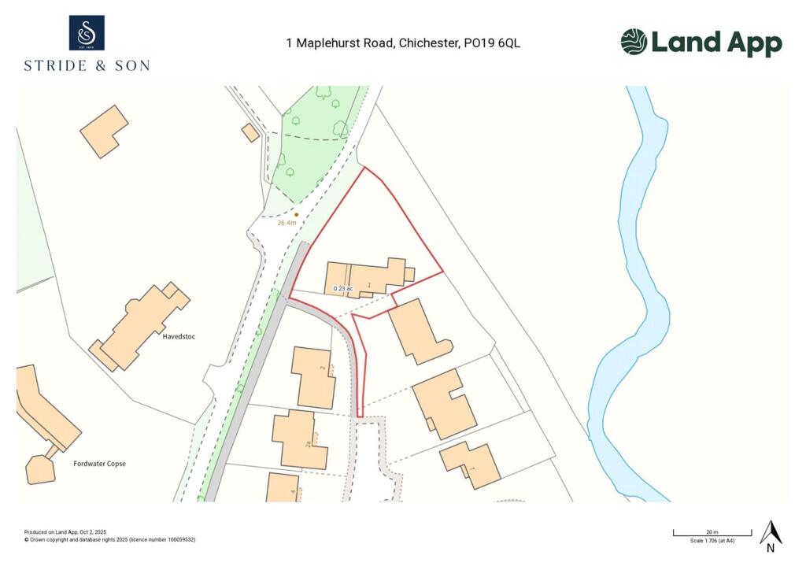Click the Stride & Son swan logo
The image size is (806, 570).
coord(87,33)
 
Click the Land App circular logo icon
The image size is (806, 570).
coord(634,42)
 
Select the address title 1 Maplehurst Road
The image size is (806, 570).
coord(403,43)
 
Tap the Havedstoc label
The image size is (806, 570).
coord(179,337)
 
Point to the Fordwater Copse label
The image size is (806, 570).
coord(99,464)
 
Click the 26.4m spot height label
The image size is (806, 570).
coord(287,223)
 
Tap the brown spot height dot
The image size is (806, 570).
coord(296,214)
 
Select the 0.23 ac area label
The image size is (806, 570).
coord(343,289)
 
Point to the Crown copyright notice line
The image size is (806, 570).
coord(109,539)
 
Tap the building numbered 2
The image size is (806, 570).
coord(314,377)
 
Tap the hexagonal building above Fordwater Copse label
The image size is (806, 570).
coord(40,469)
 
